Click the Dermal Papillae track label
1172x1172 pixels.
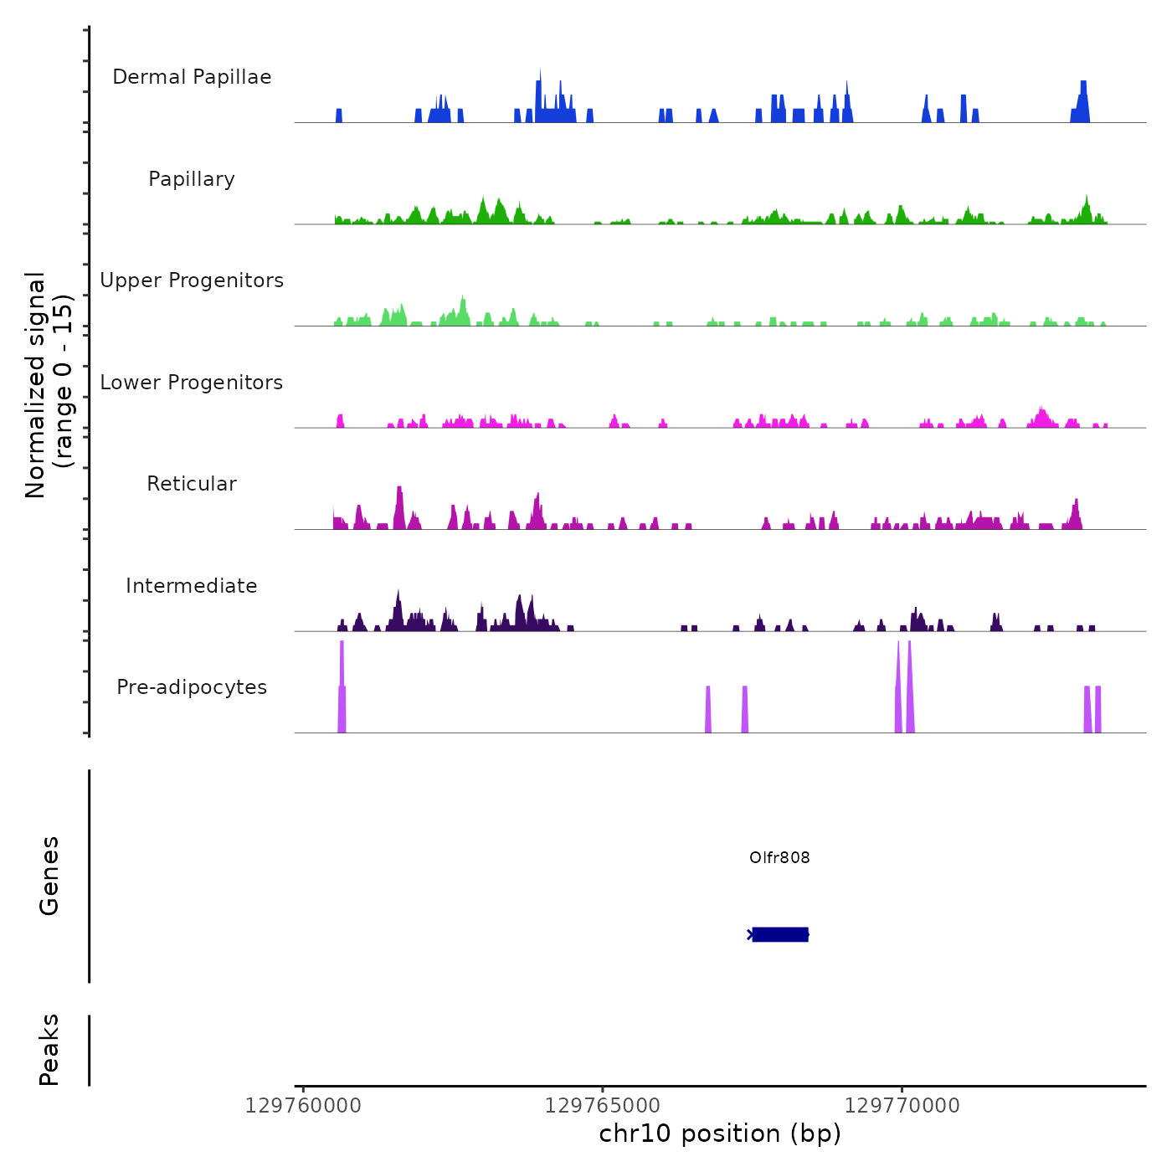coord(192,77)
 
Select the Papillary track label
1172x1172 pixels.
coord(192,179)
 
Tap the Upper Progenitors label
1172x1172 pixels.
coord(192,280)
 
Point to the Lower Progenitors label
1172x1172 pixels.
coord(192,383)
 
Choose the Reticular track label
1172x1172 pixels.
coord(192,484)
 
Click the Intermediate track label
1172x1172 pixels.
coord(192,586)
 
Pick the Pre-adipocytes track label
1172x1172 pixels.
coord(192,687)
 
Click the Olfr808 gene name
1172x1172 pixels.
coord(779,857)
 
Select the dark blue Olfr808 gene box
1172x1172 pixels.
coord(780,934)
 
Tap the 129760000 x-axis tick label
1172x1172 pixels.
coord(303,1106)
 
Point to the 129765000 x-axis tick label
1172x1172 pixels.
coord(603,1106)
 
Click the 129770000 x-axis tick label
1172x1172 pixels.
coord(902,1106)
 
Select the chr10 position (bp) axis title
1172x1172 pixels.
coord(720,1133)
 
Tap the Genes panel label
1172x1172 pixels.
coord(49,876)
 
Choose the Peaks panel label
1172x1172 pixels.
coord(49,1050)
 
